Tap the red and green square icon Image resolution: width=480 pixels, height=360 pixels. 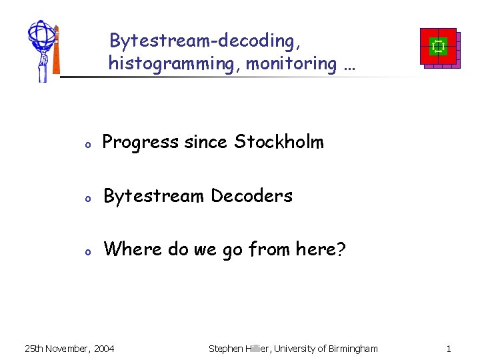(x=439, y=47)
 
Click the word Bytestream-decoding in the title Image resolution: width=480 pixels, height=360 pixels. (x=205, y=41)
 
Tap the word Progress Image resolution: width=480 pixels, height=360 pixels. (x=140, y=142)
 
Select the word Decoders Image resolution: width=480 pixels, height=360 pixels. (x=251, y=196)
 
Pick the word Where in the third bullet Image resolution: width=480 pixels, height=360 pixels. (x=133, y=249)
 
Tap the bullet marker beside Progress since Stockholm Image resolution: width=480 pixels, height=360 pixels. (x=87, y=144)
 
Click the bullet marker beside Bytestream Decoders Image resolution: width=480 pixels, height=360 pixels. (x=87, y=198)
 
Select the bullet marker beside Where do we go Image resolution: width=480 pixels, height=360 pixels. (x=87, y=252)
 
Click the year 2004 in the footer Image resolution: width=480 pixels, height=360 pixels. (x=103, y=348)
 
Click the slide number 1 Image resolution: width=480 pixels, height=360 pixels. (x=449, y=348)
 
